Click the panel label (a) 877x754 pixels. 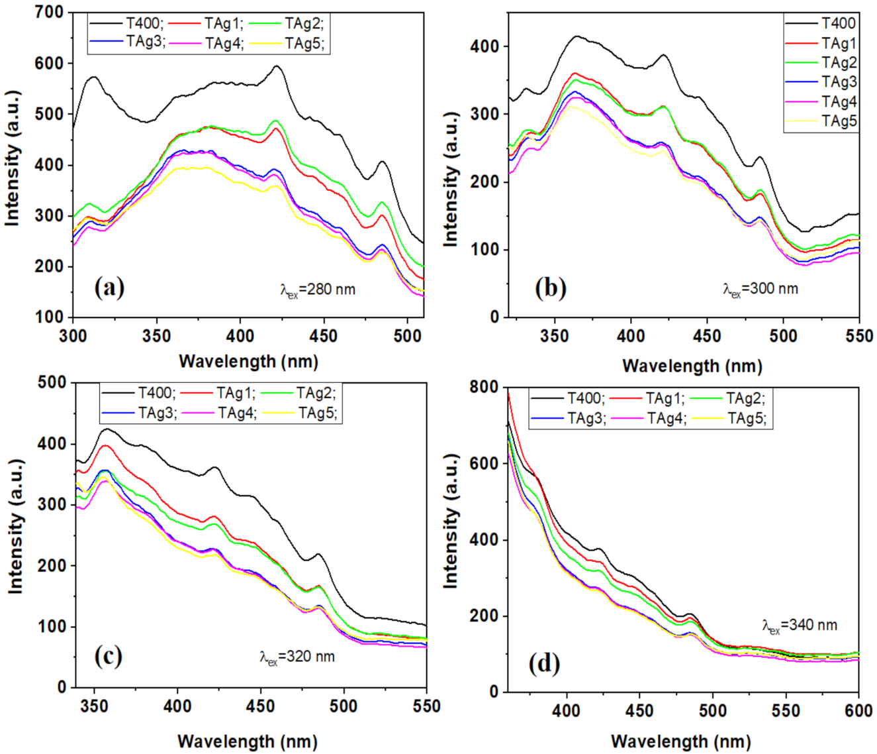point(109,288)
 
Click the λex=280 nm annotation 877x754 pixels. point(316,290)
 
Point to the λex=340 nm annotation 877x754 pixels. point(799,625)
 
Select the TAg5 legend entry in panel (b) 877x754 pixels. point(839,121)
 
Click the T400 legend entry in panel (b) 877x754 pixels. point(838,24)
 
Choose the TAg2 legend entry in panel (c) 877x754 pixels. point(316,393)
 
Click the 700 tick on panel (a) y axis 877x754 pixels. point(50,13)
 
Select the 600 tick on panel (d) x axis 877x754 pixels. point(858,711)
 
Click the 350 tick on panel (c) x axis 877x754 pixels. point(95,706)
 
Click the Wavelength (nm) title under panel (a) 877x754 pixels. point(248,362)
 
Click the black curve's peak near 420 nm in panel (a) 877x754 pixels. point(277,66)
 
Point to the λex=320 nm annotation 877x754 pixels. point(297,657)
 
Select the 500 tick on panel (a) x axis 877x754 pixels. point(408,336)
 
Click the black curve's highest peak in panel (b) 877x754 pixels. point(576,36)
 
